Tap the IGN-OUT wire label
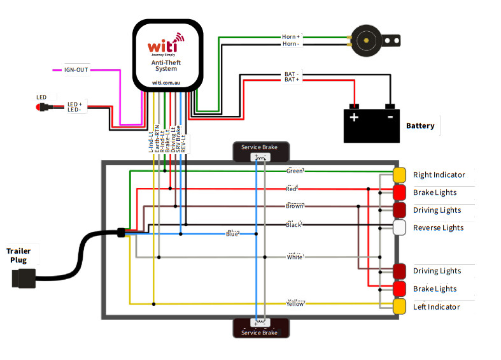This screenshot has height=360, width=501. pos(76,69)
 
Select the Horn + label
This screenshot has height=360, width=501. pos(291,37)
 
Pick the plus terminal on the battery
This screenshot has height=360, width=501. pos(354,117)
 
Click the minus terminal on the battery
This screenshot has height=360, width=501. pos(390,117)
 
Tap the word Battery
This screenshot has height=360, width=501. pos(420,126)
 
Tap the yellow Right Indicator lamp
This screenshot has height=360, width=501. pos(400,175)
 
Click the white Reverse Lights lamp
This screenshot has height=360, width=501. pos(400,227)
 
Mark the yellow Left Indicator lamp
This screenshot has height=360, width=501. pos(400,306)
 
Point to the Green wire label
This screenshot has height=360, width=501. pos(295,171)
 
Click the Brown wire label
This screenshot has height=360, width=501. pos(294,206)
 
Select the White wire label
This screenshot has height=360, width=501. pos(295,257)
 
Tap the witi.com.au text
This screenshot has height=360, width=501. pos(167,83)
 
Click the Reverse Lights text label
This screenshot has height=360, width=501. pos(439,227)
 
